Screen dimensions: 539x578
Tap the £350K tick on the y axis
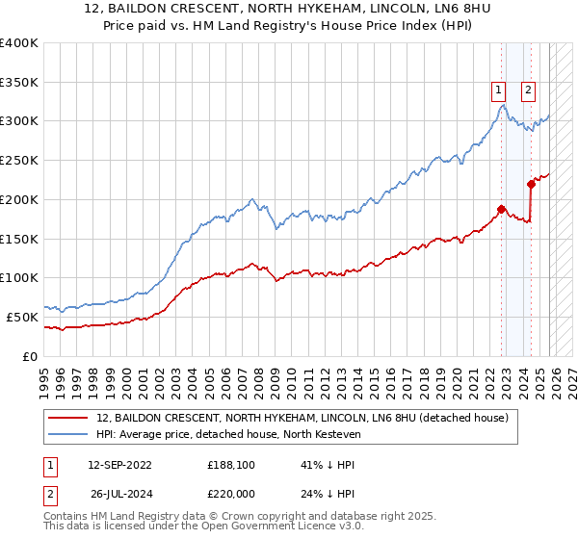pyautogui.click(x=19, y=82)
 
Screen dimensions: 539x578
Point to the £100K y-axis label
pyautogui.click(x=19, y=277)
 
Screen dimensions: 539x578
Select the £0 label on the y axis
pyautogui.click(x=29, y=356)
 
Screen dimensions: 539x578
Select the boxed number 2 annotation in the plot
pyautogui.click(x=529, y=91)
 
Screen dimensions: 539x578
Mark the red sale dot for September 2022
pyautogui.click(x=502, y=208)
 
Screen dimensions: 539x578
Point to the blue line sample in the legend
pyautogui.click(x=68, y=435)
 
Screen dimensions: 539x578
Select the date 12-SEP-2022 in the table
pyautogui.click(x=119, y=464)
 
